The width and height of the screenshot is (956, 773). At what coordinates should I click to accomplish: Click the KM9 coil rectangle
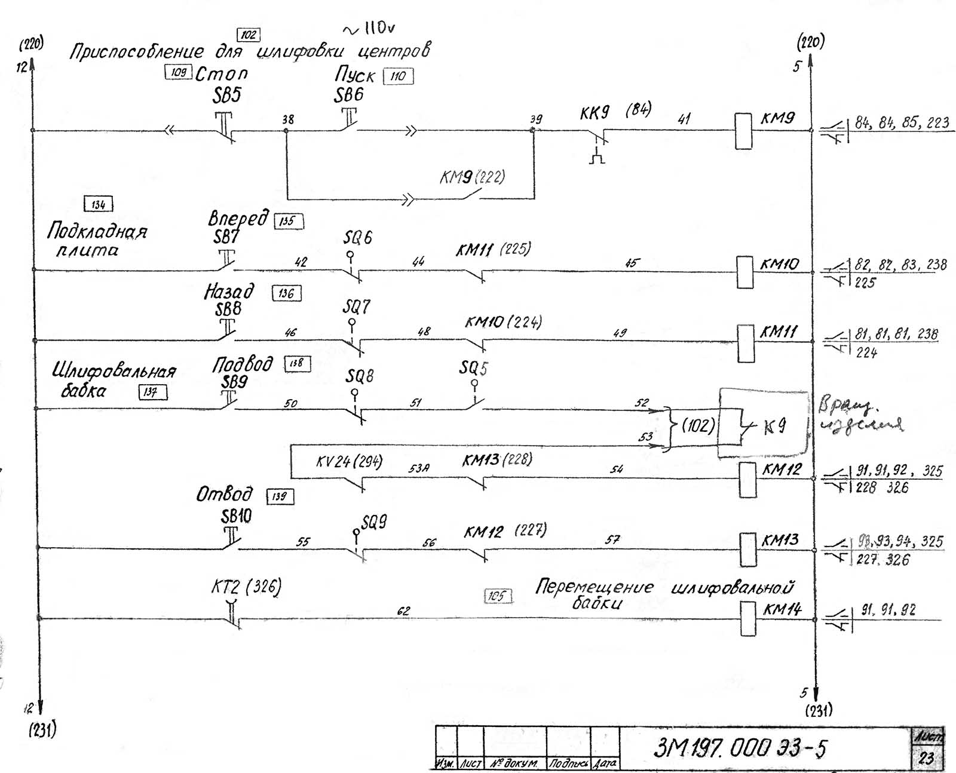click(x=743, y=131)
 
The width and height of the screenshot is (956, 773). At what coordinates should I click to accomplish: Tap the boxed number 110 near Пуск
click(x=398, y=76)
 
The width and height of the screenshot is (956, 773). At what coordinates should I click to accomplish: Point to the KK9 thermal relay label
click(x=595, y=113)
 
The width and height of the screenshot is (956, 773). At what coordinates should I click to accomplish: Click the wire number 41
click(x=684, y=119)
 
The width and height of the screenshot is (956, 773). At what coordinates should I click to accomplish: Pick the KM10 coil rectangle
click(x=744, y=272)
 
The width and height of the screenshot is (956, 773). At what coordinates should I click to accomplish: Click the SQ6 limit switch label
click(x=357, y=238)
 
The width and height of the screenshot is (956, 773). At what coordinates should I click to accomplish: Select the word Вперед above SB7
click(x=238, y=219)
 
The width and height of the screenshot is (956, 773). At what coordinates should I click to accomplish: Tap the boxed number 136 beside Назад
click(x=286, y=293)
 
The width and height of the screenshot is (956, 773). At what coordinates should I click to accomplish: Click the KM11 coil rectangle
click(x=746, y=343)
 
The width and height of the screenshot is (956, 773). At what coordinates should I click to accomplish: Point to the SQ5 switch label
click(x=473, y=368)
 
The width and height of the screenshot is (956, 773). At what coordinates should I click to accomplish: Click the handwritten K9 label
click(x=775, y=427)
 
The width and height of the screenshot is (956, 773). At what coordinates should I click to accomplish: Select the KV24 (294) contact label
click(x=350, y=462)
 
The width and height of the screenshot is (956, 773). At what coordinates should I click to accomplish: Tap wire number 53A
click(x=419, y=469)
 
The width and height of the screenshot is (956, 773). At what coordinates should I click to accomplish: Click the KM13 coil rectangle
click(x=747, y=549)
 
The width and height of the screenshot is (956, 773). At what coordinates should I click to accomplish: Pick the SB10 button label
click(x=237, y=516)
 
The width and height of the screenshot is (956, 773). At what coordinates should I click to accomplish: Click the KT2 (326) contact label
click(x=246, y=587)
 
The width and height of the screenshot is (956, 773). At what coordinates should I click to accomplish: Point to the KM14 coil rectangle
click(x=747, y=618)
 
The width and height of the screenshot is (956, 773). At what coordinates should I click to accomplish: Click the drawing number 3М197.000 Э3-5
click(x=740, y=748)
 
